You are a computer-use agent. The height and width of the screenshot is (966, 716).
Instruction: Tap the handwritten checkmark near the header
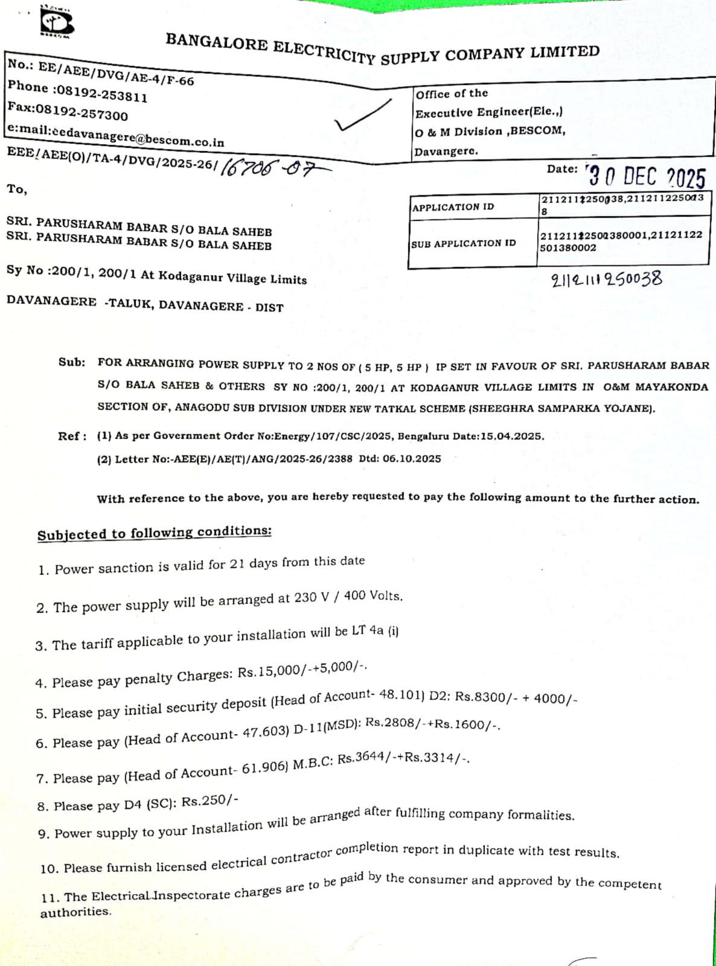pyautogui.click(x=363, y=115)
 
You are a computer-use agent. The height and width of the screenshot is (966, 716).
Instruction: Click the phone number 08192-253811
pyautogui.click(x=100, y=93)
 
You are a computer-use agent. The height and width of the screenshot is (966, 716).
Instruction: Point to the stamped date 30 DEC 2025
pyautogui.click(x=645, y=177)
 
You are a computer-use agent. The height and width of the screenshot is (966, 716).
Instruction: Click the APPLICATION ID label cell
pyautogui.click(x=453, y=207)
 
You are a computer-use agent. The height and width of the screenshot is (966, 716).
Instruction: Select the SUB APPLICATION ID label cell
pyautogui.click(x=464, y=243)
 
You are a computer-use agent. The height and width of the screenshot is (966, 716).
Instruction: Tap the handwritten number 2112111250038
pyautogui.click(x=606, y=280)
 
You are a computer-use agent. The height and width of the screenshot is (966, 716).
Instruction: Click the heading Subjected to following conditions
pyautogui.click(x=154, y=533)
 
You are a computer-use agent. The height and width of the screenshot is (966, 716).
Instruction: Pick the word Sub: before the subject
pyautogui.click(x=71, y=362)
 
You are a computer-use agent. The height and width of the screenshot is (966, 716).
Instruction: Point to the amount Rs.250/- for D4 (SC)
pyautogui.click(x=209, y=801)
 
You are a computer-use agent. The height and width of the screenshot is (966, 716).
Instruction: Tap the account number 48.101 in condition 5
pyautogui.click(x=401, y=695)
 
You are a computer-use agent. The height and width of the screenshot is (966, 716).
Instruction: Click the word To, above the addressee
pyautogui.click(x=17, y=189)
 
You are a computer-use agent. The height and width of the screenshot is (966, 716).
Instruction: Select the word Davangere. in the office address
pyautogui.click(x=446, y=151)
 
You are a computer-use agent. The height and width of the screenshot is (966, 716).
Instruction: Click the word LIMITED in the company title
pyautogui.click(x=565, y=51)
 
